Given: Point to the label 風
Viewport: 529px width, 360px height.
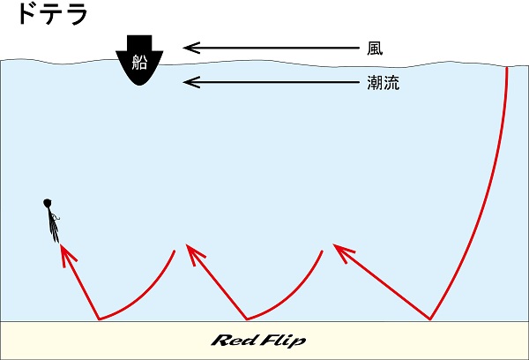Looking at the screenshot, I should tap(375, 48).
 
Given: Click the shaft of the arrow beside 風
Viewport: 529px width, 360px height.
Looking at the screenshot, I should tap(273, 48).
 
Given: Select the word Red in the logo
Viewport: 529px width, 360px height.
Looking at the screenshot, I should tap(233, 341).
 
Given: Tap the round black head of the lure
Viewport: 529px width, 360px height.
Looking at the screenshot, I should tap(47, 205).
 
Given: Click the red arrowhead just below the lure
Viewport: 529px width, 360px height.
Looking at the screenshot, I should tap(64, 254).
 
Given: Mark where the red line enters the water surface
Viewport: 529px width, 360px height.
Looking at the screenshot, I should tap(508, 67).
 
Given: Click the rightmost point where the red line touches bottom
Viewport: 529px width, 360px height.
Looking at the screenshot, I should tap(431, 319).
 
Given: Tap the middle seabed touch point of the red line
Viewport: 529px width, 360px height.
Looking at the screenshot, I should tap(248, 319).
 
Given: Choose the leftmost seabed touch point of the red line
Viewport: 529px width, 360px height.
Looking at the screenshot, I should tap(99, 319).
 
